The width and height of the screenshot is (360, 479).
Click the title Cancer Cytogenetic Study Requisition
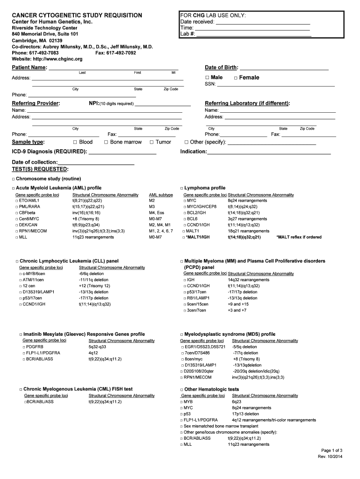(x=77, y=15)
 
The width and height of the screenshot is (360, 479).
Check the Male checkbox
(x=207, y=78)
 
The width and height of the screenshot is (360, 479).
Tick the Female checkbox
(x=236, y=78)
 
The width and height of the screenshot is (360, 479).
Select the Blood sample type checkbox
(x=75, y=142)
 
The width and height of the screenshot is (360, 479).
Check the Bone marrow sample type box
(x=106, y=142)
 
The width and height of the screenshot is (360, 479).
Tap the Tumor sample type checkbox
(x=151, y=142)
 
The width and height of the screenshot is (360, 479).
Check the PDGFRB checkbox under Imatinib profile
(x=24, y=347)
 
